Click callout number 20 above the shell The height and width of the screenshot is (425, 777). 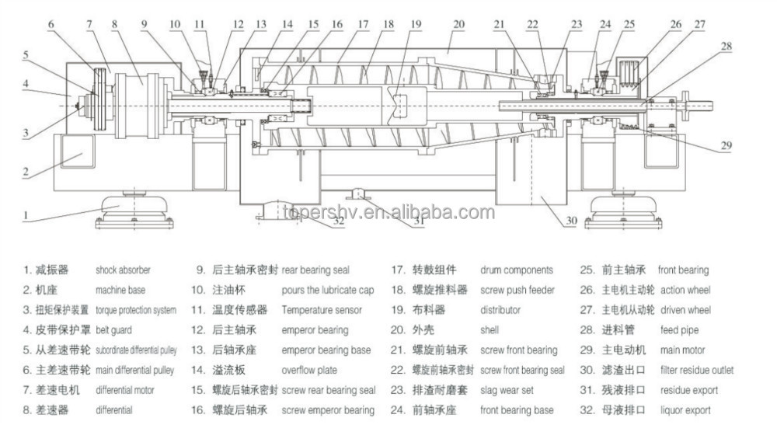click(458, 24)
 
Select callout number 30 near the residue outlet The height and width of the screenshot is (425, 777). click(570, 220)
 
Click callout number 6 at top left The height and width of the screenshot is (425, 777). click(51, 24)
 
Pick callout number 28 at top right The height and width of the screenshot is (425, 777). click(726, 47)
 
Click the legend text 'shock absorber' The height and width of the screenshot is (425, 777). click(123, 270)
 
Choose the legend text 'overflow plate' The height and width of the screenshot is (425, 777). click(308, 370)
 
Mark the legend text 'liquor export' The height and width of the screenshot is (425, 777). click(685, 410)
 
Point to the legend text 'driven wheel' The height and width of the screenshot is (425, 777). click(685, 310)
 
